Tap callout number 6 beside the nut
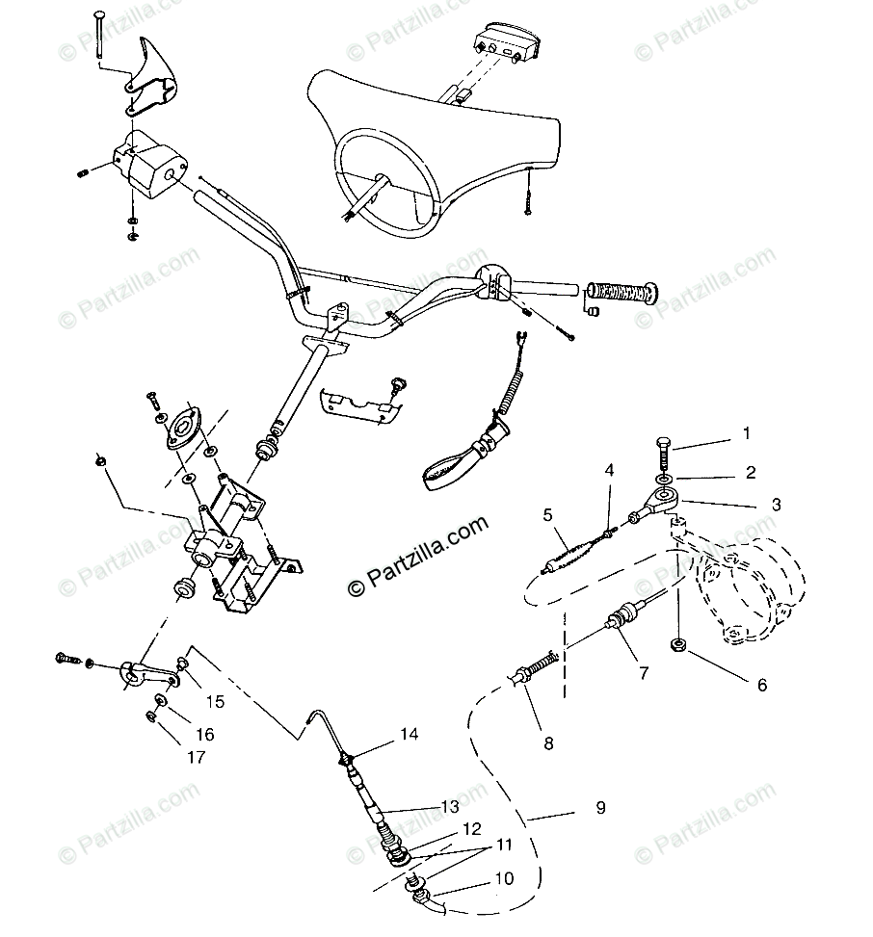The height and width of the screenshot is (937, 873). (x=761, y=686)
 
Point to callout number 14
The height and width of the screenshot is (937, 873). (x=410, y=734)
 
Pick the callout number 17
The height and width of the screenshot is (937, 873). (x=196, y=757)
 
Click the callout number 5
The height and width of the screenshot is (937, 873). (x=547, y=514)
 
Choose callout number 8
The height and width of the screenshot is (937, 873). (x=547, y=742)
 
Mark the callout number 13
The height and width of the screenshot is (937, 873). (x=450, y=806)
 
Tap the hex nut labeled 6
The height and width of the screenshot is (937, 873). (x=677, y=644)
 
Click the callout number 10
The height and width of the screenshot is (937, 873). (x=504, y=878)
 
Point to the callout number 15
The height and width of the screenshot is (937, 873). (x=214, y=702)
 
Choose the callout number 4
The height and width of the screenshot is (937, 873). (x=609, y=470)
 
